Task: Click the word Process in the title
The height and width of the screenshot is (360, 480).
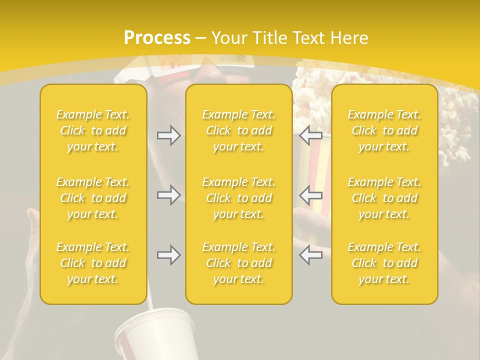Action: click(x=157, y=38)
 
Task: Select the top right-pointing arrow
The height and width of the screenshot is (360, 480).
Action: click(x=169, y=135)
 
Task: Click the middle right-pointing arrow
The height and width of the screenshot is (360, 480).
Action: click(x=169, y=194)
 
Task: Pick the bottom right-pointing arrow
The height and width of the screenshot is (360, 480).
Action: click(x=169, y=255)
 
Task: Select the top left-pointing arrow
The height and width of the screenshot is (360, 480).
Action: click(x=311, y=135)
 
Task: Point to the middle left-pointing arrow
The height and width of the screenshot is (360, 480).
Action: click(x=311, y=194)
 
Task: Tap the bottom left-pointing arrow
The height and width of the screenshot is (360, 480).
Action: click(x=311, y=255)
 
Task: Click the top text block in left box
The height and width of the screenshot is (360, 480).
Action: click(x=93, y=130)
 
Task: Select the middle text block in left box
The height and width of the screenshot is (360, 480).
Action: click(x=93, y=198)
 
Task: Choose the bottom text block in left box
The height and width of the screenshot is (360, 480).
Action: click(x=93, y=263)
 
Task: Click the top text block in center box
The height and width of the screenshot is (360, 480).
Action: click(x=239, y=130)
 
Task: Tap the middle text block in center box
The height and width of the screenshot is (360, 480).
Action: click(x=239, y=198)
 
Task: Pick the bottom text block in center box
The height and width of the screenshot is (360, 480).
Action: click(x=239, y=263)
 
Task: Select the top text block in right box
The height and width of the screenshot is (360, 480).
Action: click(x=384, y=130)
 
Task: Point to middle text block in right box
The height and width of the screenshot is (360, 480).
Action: click(x=384, y=198)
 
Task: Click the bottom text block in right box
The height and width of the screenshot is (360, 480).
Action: click(x=384, y=263)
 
